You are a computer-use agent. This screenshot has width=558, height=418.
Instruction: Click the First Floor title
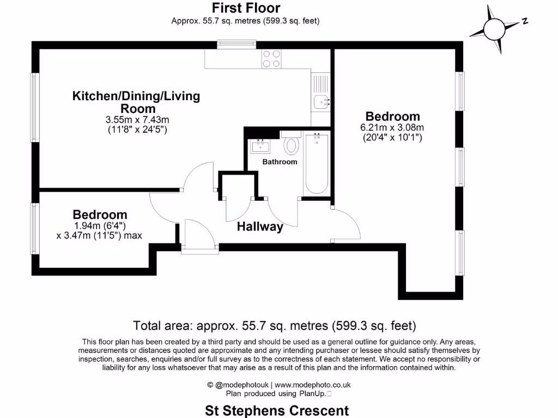pyautogui.click(x=246, y=8)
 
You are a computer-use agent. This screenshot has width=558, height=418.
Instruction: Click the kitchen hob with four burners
pyautogui.click(x=271, y=59)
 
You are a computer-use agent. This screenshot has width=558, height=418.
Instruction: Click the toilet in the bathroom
pyautogui.click(x=292, y=146)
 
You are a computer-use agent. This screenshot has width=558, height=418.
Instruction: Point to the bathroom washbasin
pyautogui.click(x=260, y=145)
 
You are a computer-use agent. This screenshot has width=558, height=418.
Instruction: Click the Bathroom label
pyautogui.click(x=280, y=162)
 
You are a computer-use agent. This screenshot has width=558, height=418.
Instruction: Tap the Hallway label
pyautogui.click(x=260, y=227)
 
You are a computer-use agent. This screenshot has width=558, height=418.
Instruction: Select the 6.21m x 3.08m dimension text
pyautogui.click(x=392, y=127)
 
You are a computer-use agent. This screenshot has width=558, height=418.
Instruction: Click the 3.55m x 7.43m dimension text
pyautogui.click(x=136, y=120)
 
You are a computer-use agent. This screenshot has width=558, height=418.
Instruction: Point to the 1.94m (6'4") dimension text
pyautogui.click(x=100, y=225)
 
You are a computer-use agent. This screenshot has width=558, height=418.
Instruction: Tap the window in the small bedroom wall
pyautogui.click(x=35, y=229)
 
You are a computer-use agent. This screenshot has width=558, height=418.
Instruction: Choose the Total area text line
pyautogui.click(x=275, y=326)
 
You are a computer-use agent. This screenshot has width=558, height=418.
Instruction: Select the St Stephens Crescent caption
pyautogui.click(x=277, y=410)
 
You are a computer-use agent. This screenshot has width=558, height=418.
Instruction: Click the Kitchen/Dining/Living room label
pyautogui.click(x=136, y=102)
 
